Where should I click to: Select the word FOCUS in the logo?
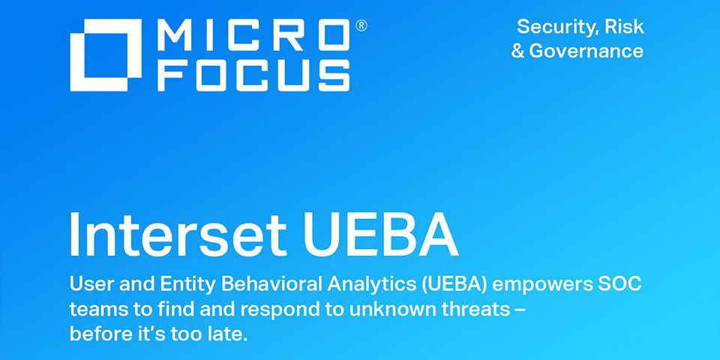[255, 75]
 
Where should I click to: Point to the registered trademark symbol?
[361, 25]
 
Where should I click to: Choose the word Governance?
[586, 51]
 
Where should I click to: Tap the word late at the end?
[227, 332]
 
